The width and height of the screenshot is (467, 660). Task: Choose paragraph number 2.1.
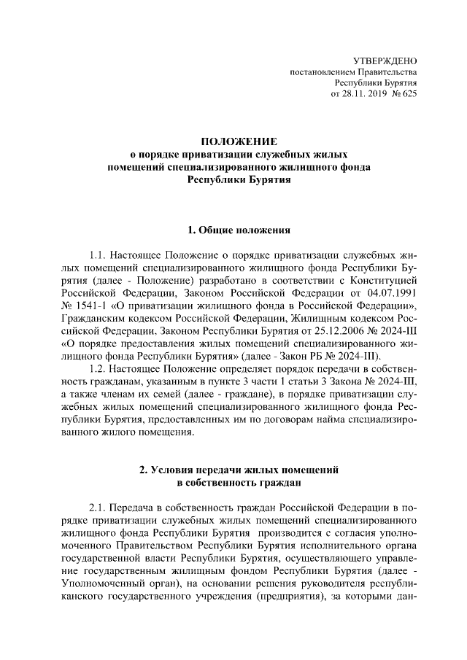(100, 507)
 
